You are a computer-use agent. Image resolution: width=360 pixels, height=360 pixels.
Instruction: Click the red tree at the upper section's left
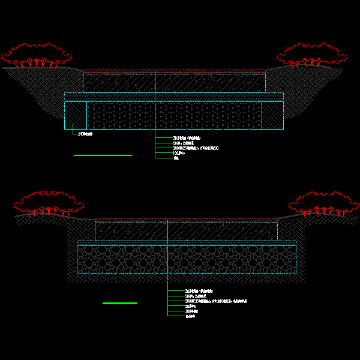pyautogui.click(x=36, y=55)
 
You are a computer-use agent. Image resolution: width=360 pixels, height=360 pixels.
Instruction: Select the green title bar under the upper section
pyautogui.click(x=103, y=155)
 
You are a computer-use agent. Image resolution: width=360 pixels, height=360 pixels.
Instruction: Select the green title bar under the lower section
pyautogui.click(x=119, y=303)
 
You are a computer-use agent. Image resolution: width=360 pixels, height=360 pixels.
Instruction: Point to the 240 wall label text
pyautogui.click(x=85, y=134)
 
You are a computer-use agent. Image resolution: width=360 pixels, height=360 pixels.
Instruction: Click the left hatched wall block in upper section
pyautogui.click(x=76, y=115)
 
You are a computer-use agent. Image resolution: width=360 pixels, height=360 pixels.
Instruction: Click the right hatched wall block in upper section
pyautogui.click(x=272, y=115)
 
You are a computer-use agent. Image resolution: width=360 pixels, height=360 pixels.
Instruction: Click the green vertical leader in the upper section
pyautogui.click(x=155, y=114)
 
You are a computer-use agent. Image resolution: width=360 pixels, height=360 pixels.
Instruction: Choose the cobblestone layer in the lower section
pyautogui.click(x=186, y=259)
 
